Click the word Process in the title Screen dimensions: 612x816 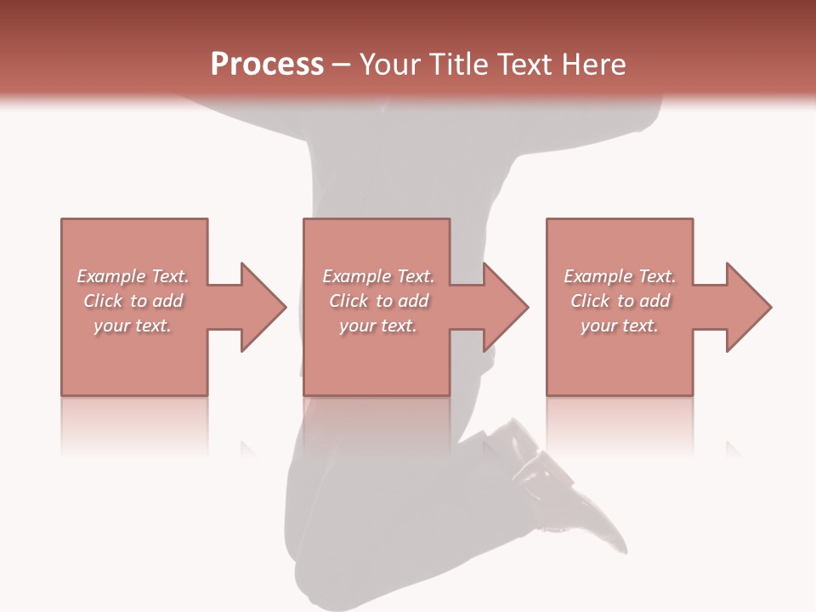coord(267,65)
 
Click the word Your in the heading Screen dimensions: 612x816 coord(391,65)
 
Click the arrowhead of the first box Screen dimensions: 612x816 coord(259,307)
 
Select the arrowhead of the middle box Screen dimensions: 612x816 coord(502,307)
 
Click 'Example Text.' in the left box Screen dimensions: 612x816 coord(133,276)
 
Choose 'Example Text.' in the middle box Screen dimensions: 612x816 coord(378,276)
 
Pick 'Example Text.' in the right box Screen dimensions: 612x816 coord(620,276)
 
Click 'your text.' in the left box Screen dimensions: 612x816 coord(133,326)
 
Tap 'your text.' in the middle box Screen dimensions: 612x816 coord(378,326)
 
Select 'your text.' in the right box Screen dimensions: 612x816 coord(620,326)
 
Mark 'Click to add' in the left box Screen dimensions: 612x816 coord(133,301)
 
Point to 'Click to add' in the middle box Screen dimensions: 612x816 coord(378,301)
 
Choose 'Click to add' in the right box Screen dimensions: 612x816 coord(620,301)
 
